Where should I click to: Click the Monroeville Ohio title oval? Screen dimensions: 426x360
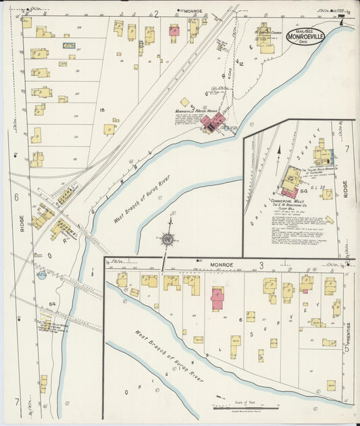[x=305, y=35]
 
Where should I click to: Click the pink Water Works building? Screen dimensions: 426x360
[x=215, y=122]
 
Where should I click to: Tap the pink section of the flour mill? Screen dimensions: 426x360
[x=290, y=192]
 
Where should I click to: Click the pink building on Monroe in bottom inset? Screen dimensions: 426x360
[x=217, y=298]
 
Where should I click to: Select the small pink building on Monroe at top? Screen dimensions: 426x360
[x=174, y=30]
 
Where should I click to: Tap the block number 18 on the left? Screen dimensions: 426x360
[x=102, y=109]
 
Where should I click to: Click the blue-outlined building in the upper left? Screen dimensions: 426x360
[x=69, y=45]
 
